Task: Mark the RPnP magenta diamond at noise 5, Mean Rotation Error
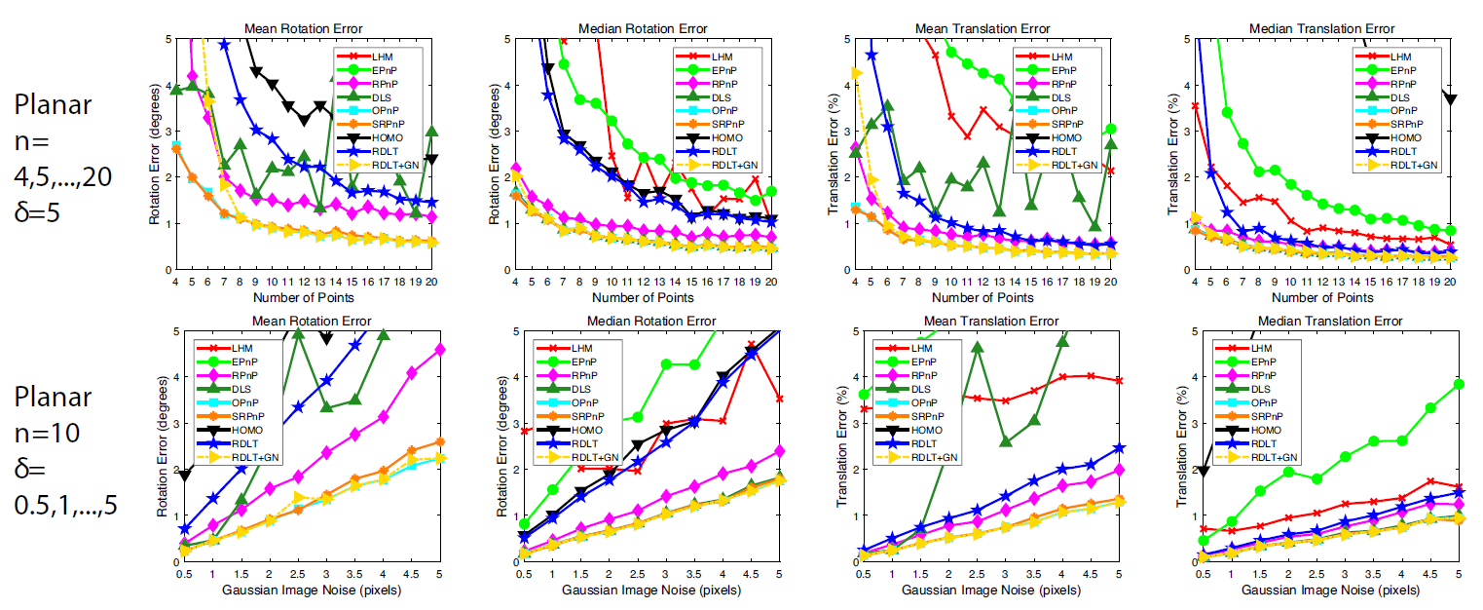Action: pyautogui.click(x=440, y=349)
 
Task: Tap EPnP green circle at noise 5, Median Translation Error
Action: pyautogui.click(x=1459, y=384)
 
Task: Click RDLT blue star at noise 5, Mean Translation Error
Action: pyautogui.click(x=1120, y=447)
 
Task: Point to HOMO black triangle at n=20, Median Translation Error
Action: pyautogui.click(x=1450, y=99)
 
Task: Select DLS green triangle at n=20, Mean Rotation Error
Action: pyautogui.click(x=431, y=132)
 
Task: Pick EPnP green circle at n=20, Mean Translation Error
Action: pyautogui.click(x=1111, y=129)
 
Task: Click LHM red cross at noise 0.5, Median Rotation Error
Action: pyautogui.click(x=525, y=431)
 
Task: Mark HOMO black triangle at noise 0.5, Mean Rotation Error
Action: pyautogui.click(x=185, y=476)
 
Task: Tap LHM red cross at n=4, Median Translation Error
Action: pyautogui.click(x=1195, y=105)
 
